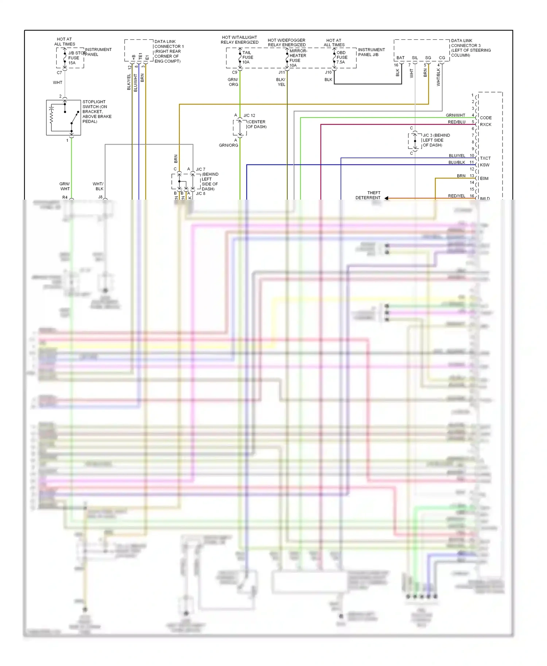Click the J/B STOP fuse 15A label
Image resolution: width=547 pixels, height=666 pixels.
click(x=74, y=58)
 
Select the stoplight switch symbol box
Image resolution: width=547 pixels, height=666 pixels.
click(x=63, y=117)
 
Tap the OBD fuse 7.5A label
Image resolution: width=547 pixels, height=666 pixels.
click(x=342, y=57)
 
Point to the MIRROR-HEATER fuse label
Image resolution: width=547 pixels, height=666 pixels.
click(x=298, y=56)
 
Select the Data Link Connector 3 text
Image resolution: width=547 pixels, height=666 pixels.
click(x=470, y=48)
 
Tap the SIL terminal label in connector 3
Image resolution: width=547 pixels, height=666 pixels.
click(x=415, y=58)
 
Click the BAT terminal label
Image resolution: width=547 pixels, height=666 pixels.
click(x=400, y=58)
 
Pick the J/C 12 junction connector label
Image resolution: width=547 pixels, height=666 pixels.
click(x=249, y=115)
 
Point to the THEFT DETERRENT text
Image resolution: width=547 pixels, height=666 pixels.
click(x=368, y=195)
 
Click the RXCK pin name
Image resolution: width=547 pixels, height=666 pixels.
click(x=486, y=125)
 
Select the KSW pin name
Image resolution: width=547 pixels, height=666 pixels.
click(x=485, y=165)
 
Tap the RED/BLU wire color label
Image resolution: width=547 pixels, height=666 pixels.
click(x=457, y=122)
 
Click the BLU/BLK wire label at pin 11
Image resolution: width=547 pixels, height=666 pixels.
click(x=457, y=162)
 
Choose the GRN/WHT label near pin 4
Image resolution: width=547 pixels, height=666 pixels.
click(x=455, y=115)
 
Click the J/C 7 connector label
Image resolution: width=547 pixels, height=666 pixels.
click(x=201, y=169)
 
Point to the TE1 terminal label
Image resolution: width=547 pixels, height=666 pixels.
click(x=140, y=57)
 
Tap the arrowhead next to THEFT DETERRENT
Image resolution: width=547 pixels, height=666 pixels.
click(x=386, y=198)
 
